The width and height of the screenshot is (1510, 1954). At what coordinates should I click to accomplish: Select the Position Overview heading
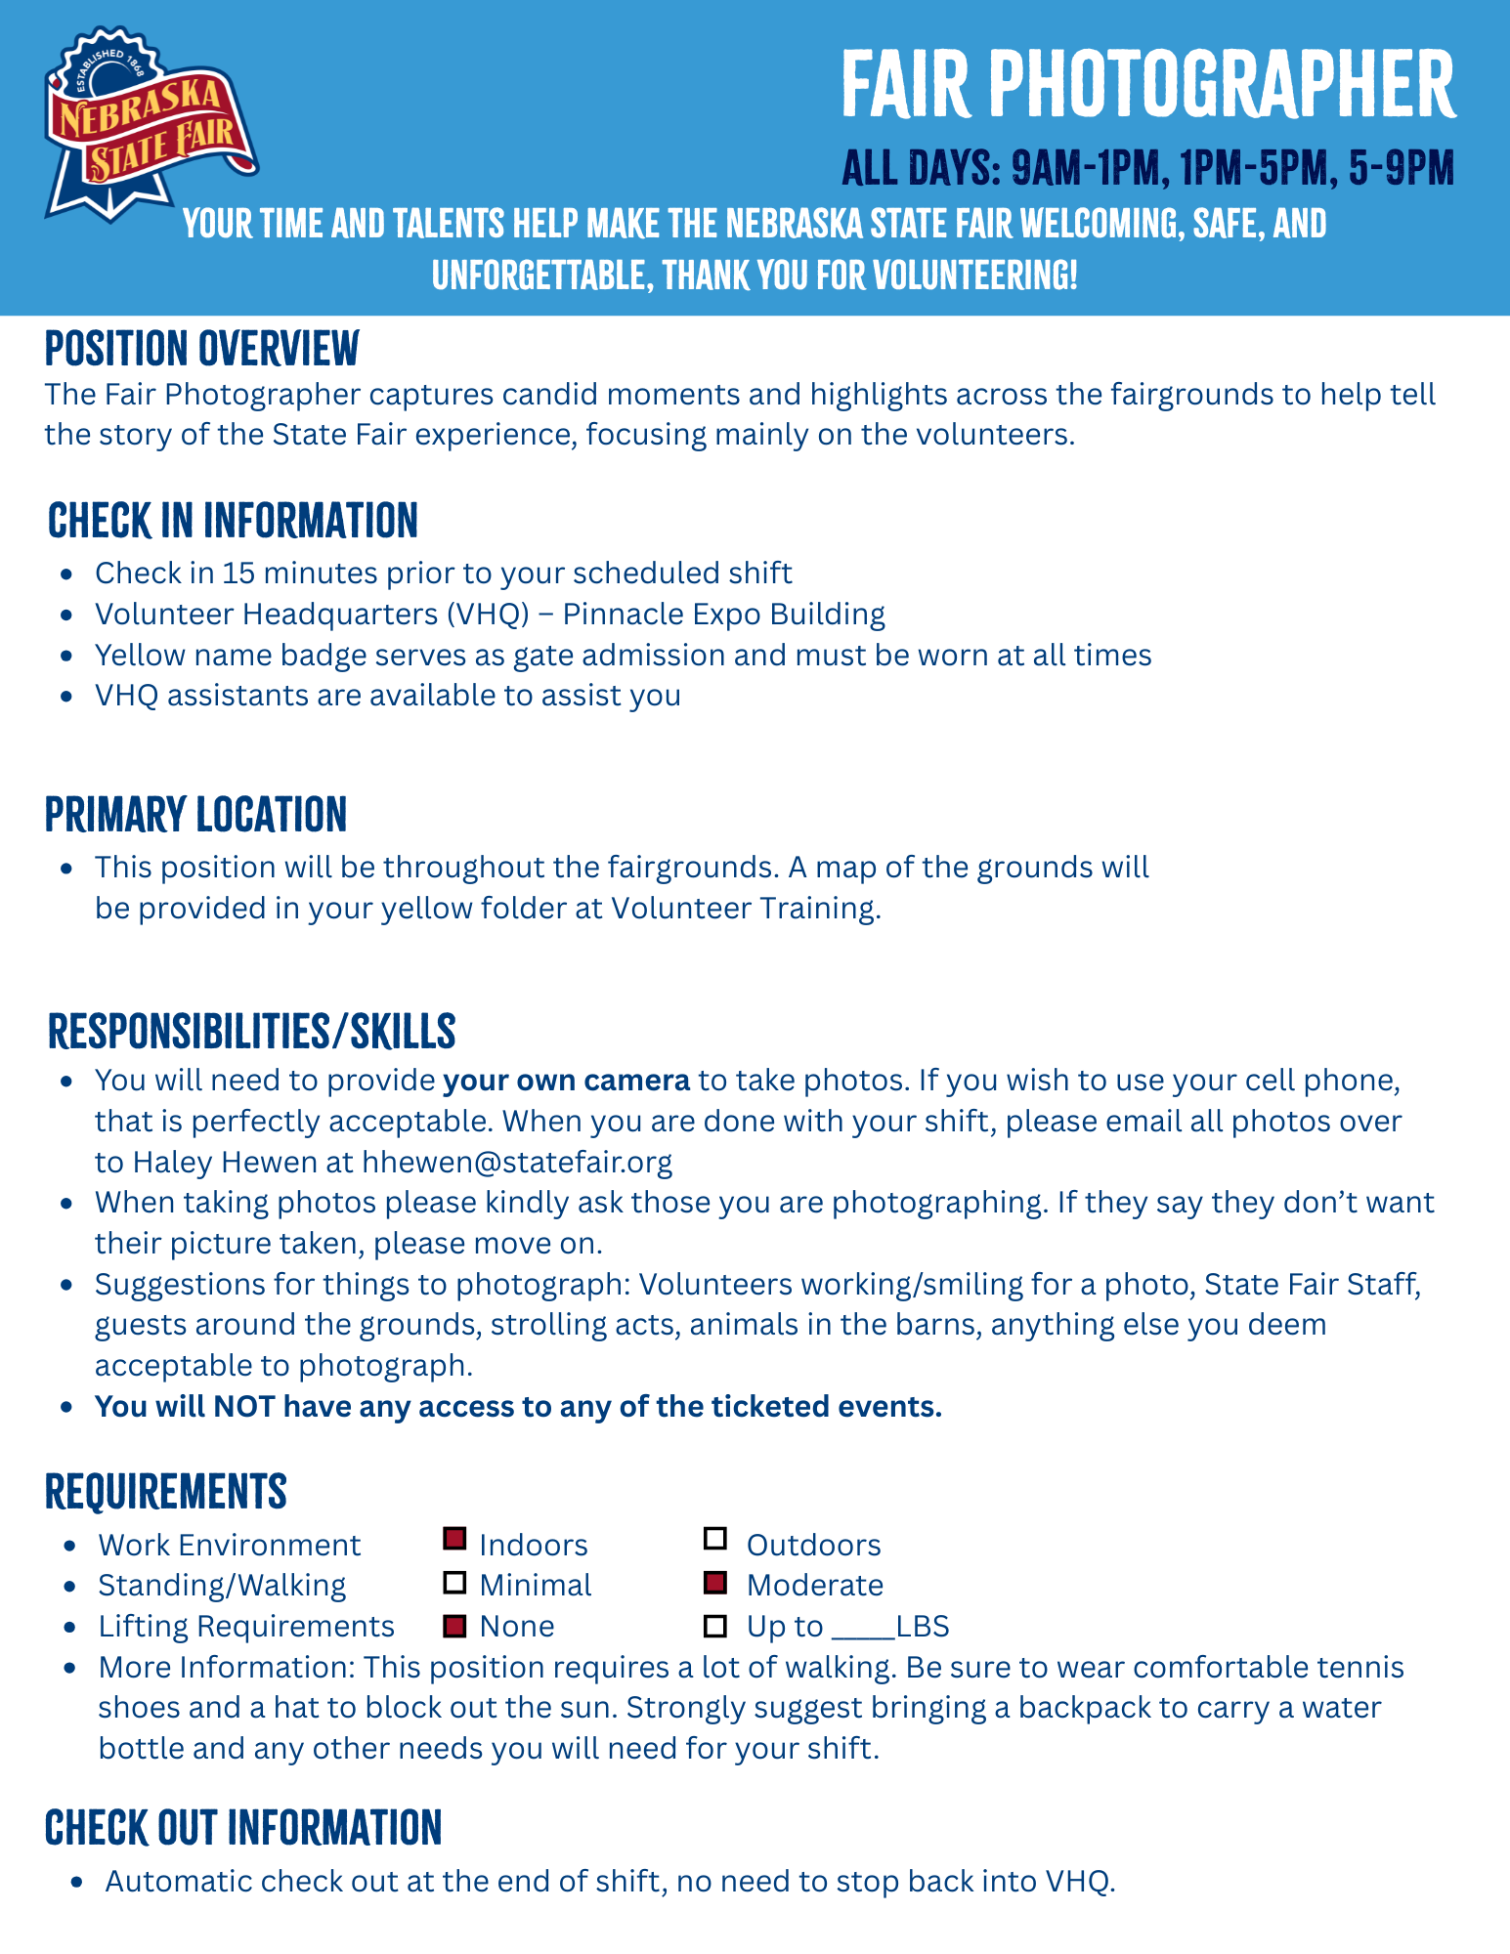tap(202, 349)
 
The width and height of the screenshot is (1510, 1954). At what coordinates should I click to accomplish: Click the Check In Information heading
tap(233, 521)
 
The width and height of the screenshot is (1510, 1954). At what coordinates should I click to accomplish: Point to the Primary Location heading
tap(195, 815)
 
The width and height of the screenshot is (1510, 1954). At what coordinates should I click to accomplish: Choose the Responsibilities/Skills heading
tap(251, 1032)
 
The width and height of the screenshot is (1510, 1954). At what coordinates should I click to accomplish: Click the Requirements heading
tap(166, 1492)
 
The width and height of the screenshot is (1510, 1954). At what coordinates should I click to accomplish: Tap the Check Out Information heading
tap(243, 1828)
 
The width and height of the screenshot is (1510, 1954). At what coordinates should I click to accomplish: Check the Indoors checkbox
tap(454, 1540)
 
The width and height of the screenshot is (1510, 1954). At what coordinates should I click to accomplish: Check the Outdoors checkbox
tap(715, 1540)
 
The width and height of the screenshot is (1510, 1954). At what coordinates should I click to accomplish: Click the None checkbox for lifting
tap(454, 1626)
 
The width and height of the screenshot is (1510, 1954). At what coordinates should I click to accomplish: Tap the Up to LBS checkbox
tap(715, 1626)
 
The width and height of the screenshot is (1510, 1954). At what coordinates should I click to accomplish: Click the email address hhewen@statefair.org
tap(517, 1162)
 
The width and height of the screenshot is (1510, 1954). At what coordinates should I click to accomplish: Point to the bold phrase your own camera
tap(566, 1081)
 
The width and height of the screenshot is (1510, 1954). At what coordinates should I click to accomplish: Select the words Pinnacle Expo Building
tap(723, 615)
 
